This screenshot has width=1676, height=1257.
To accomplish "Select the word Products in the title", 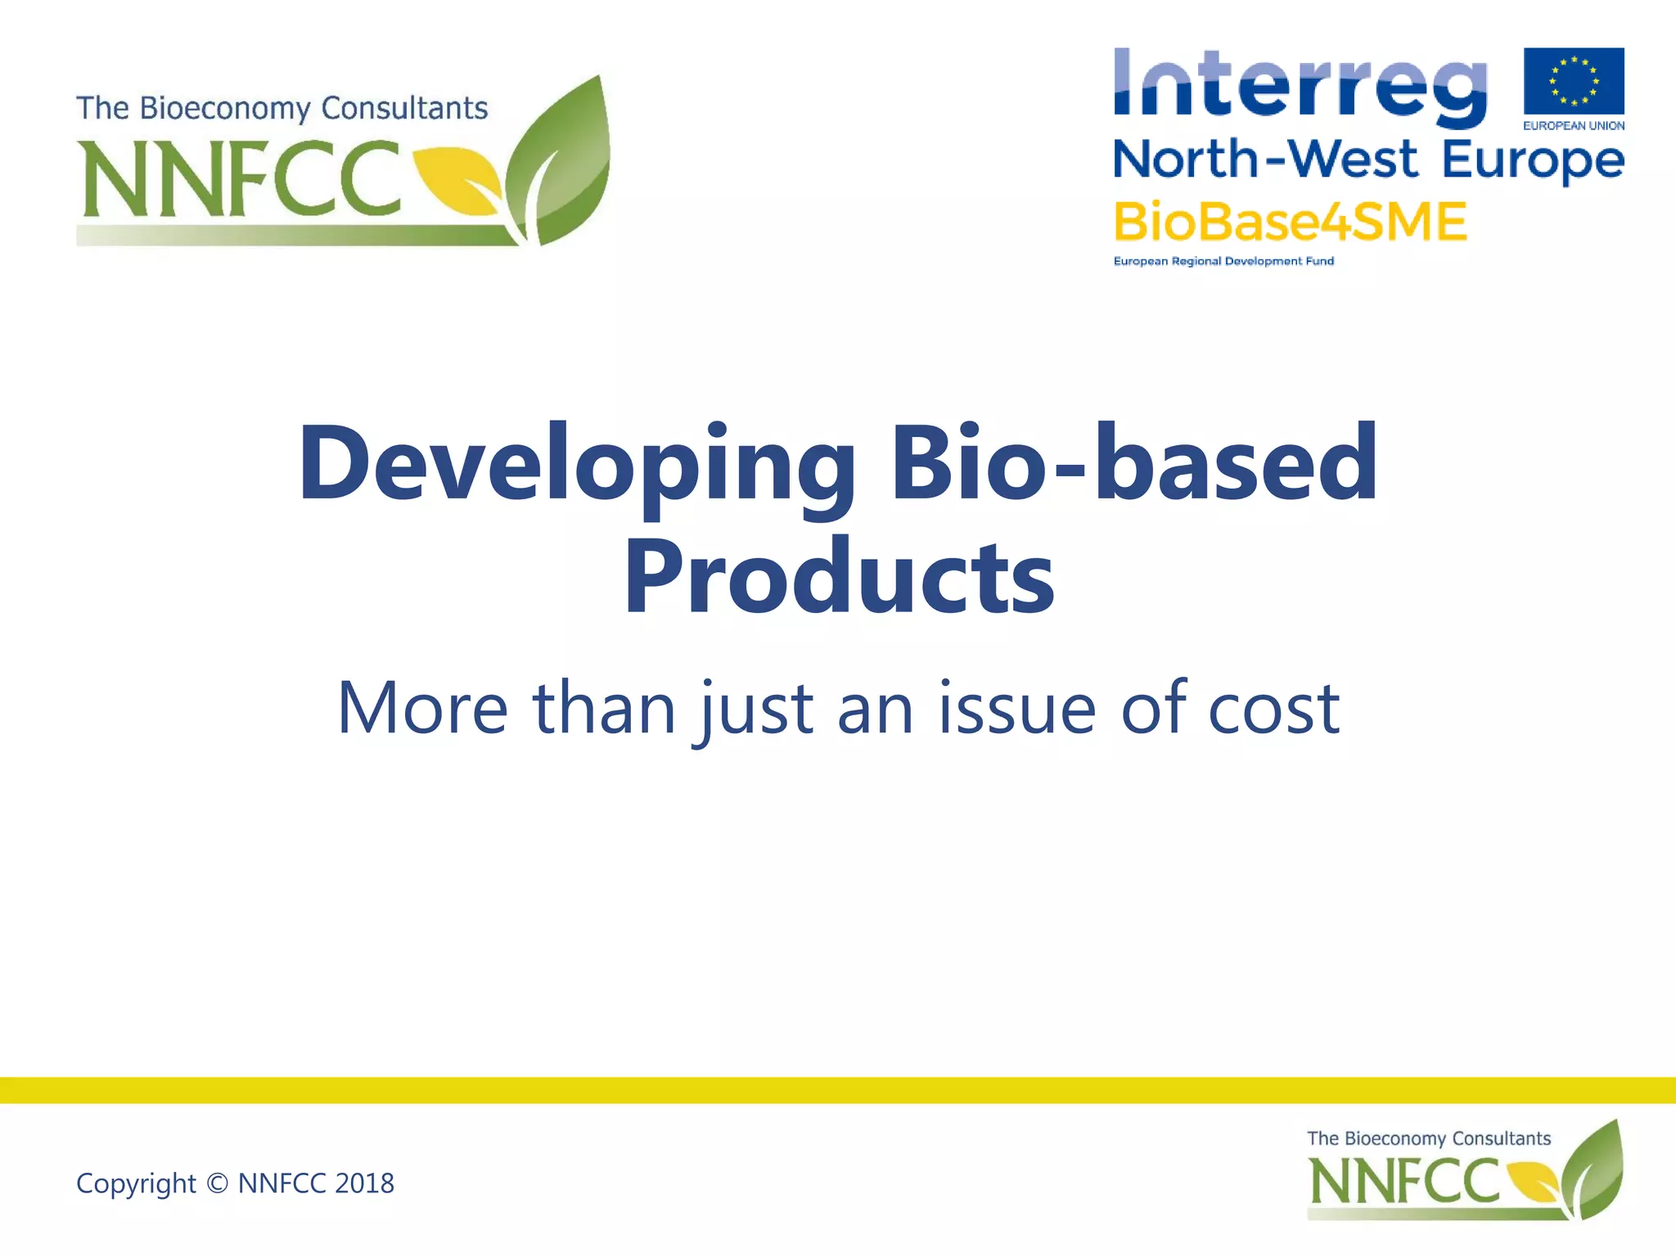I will pyautogui.click(x=838, y=576).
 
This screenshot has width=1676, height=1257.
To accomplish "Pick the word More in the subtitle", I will pyautogui.click(x=422, y=708).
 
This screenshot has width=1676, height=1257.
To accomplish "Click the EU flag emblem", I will pyautogui.click(x=1573, y=81).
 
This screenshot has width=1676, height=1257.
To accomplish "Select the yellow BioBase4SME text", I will pyautogui.click(x=1290, y=223).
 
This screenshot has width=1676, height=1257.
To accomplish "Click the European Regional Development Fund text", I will pyautogui.click(x=1223, y=261).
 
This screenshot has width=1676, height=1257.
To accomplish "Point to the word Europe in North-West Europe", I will pyautogui.click(x=1532, y=160).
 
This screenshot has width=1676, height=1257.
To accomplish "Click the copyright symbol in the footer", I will pyautogui.click(x=217, y=1183).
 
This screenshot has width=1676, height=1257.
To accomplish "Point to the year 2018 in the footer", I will pyautogui.click(x=364, y=1183).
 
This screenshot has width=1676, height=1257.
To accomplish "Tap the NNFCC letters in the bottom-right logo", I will pyautogui.click(x=1404, y=1182).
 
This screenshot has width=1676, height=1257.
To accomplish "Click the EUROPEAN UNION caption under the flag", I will pyautogui.click(x=1573, y=126).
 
